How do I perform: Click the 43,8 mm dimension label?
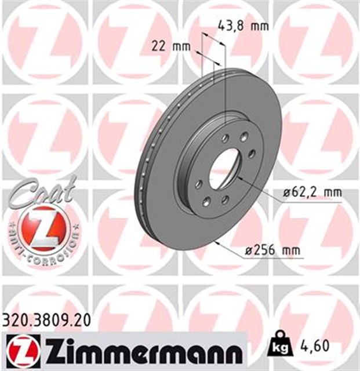243,26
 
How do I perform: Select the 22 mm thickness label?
171,46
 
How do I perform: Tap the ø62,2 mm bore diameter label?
313,192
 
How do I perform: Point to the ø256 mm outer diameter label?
272,250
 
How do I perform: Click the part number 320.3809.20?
46,321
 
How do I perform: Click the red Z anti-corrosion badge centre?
43,228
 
